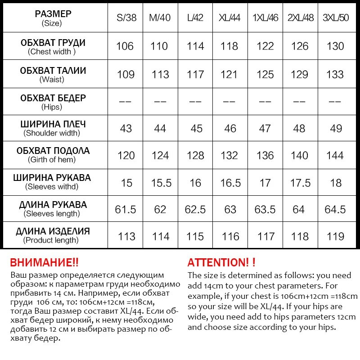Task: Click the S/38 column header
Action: click(126, 18)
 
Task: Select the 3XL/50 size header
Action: click(333, 18)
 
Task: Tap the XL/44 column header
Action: click(230, 18)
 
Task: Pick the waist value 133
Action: click(333, 74)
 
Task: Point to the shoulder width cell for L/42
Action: click(195, 128)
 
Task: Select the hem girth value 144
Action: click(333, 155)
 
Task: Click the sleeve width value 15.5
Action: click(161, 183)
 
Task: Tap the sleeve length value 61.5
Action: click(126, 209)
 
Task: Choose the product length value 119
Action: click(333, 236)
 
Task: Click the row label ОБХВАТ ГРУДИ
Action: click(53, 43)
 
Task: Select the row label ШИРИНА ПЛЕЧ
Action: click(53, 124)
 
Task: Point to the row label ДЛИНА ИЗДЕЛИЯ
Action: click(53, 232)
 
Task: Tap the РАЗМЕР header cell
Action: click(53, 14)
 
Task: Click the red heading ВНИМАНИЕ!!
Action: click(44, 263)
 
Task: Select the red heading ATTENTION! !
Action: click(221, 263)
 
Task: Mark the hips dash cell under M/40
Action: click(161, 101)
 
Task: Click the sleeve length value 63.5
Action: click(265, 209)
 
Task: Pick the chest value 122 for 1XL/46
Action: click(265, 46)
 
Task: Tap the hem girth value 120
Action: click(126, 155)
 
